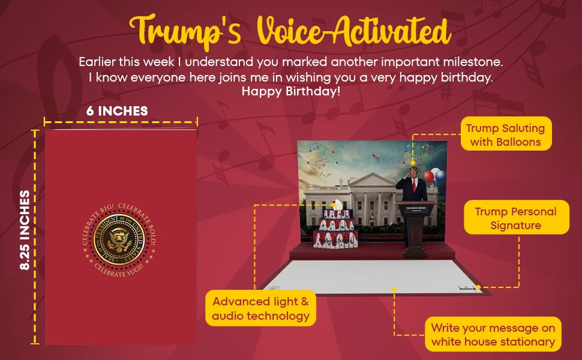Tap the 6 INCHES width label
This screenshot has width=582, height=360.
coord(117,111)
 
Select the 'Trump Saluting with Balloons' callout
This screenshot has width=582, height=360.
coord(505,134)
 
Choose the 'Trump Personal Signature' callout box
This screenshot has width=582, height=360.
coord(515,218)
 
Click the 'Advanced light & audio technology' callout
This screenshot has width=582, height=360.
coord(260,308)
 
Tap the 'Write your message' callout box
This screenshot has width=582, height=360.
coord(493,335)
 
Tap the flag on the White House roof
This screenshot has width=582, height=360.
coord(375,157)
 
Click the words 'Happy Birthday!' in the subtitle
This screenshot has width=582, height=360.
coord(290,92)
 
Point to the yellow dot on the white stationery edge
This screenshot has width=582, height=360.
coord(394,289)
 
